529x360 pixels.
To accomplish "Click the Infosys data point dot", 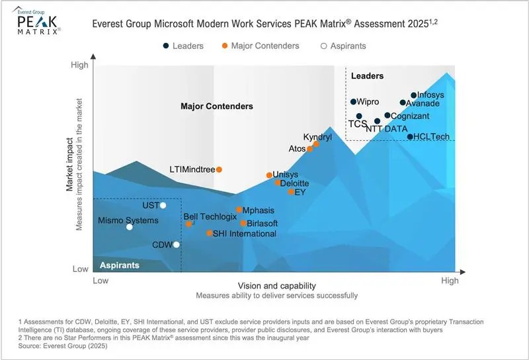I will pyautogui.click(x=414, y=95).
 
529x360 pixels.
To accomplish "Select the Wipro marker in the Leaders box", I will pyautogui.click(x=353, y=102).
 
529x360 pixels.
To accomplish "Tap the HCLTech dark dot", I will pyautogui.click(x=410, y=137).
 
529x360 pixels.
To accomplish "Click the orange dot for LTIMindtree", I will pyautogui.click(x=220, y=169).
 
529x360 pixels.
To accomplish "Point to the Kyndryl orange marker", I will pyautogui.click(x=316, y=144).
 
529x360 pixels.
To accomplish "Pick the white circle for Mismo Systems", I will pyautogui.click(x=130, y=227).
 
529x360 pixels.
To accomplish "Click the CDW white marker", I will pyautogui.click(x=176, y=245).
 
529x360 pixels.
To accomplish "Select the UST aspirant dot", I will pyautogui.click(x=163, y=205).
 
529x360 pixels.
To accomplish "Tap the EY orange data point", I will pyautogui.click(x=291, y=192).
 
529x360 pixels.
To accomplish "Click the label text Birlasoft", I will pyautogui.click(x=264, y=224).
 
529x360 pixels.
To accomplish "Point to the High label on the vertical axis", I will pyautogui.click(x=79, y=65).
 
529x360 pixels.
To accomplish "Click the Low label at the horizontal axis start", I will pyautogui.click(x=101, y=281).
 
